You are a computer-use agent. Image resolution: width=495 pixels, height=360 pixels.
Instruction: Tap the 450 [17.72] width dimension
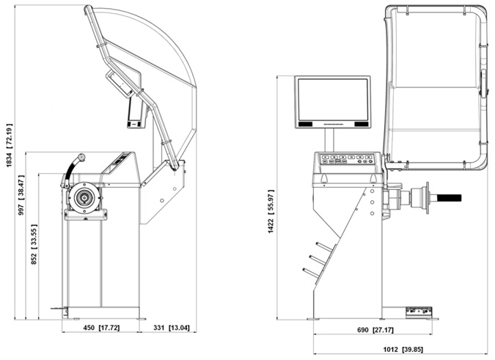point(98,328)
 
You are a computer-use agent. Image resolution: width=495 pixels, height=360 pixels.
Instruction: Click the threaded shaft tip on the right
point(449,197)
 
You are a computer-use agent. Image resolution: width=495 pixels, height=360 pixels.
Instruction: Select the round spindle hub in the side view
point(84,197)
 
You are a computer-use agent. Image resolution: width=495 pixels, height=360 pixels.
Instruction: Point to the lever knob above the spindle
point(81,157)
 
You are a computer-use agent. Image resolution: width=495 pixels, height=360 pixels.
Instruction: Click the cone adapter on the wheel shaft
point(421,198)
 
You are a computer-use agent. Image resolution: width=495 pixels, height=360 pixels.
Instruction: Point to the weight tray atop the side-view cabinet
point(118,161)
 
